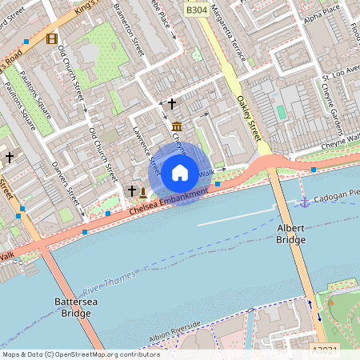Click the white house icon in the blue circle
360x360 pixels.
180,173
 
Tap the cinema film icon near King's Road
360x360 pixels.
52,38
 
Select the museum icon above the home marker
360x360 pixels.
176,127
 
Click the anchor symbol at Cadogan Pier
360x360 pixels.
304,201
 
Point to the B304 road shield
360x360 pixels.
197,10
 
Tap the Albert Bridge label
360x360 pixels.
290,234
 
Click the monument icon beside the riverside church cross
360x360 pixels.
143,193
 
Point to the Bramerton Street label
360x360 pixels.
128,28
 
